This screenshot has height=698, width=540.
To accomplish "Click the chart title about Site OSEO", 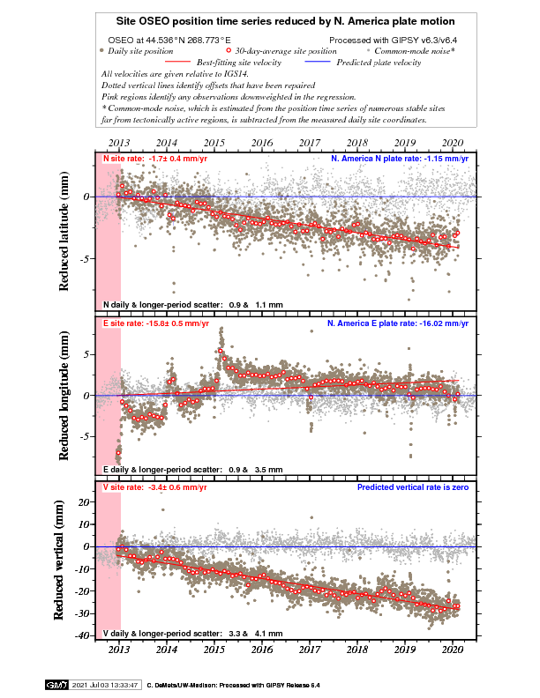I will (x=286, y=19).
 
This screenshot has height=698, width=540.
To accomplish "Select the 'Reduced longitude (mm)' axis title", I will (x=64, y=397).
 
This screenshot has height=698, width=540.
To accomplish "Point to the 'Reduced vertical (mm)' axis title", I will (x=59, y=559).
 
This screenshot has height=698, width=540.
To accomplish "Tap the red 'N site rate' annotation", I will (x=154, y=159).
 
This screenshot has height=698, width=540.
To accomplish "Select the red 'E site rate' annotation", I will (x=156, y=323).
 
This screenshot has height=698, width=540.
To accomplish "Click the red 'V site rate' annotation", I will (x=154, y=486).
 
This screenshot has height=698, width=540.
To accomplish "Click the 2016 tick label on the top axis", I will (x=261, y=142).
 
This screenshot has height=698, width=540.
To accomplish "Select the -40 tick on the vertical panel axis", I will (x=81, y=635).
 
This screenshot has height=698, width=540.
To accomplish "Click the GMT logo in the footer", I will (x=56, y=684).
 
